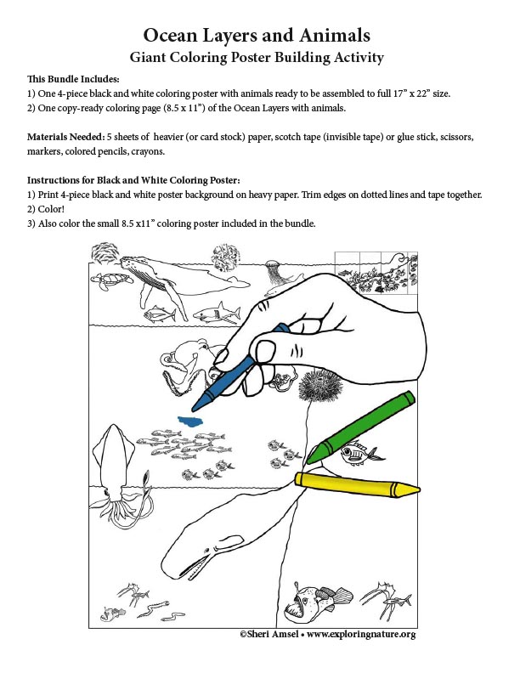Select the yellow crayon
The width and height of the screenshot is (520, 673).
pyautogui.click(x=357, y=484)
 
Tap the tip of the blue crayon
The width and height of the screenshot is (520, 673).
pyautogui.click(x=195, y=406)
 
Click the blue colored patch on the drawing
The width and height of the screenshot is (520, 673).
pyautogui.click(x=189, y=421)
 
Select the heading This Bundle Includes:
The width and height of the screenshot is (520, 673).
pyautogui.click(x=73, y=77)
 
